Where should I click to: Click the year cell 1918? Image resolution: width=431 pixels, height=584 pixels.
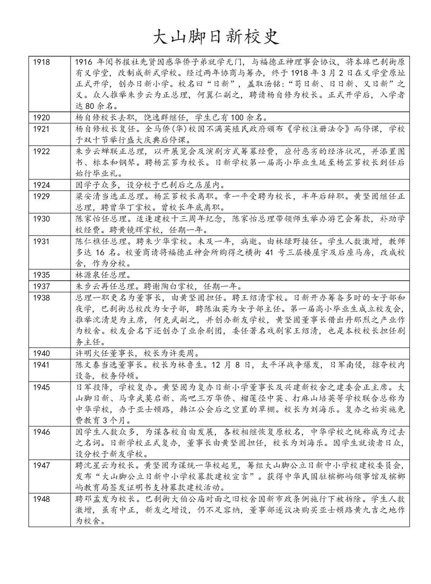42,62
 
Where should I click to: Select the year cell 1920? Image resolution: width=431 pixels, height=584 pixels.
42,117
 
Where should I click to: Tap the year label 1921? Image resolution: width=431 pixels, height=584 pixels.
42,129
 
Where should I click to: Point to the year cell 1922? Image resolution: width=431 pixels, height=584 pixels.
42,151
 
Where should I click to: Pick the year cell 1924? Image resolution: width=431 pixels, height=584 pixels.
42,185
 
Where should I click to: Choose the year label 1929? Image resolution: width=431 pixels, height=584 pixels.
42,196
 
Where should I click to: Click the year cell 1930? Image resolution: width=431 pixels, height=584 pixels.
42,219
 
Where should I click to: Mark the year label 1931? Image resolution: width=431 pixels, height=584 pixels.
42,241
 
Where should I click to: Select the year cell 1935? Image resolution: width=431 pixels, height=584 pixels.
42,275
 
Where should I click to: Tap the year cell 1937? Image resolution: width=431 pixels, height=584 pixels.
42,287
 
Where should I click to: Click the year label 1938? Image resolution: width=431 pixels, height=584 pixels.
42,298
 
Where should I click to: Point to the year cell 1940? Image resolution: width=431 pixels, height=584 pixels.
42,353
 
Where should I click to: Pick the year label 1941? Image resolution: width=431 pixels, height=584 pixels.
42,365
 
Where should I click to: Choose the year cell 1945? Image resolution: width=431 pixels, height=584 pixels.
42,387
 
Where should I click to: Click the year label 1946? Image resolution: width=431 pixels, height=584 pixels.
42,431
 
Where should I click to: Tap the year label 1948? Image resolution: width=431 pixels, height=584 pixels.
42,498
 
